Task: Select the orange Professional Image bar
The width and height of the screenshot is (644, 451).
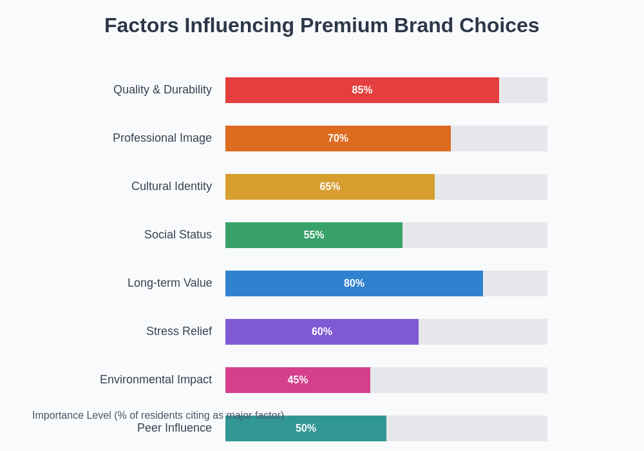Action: (277, 139)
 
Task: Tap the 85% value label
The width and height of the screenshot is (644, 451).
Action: (362, 90)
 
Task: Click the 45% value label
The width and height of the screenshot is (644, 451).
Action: (298, 380)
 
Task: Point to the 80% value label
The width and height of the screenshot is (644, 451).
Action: (354, 283)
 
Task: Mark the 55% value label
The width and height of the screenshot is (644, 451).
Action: (314, 235)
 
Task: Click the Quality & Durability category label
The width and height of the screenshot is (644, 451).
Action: (162, 90)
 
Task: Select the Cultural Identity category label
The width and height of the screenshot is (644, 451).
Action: (171, 186)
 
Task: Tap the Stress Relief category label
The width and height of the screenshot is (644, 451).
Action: (179, 331)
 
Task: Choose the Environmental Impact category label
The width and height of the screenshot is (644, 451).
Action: (156, 379)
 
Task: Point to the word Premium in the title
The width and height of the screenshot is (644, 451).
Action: (344, 25)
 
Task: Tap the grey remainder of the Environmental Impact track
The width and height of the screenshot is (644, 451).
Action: (459, 380)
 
